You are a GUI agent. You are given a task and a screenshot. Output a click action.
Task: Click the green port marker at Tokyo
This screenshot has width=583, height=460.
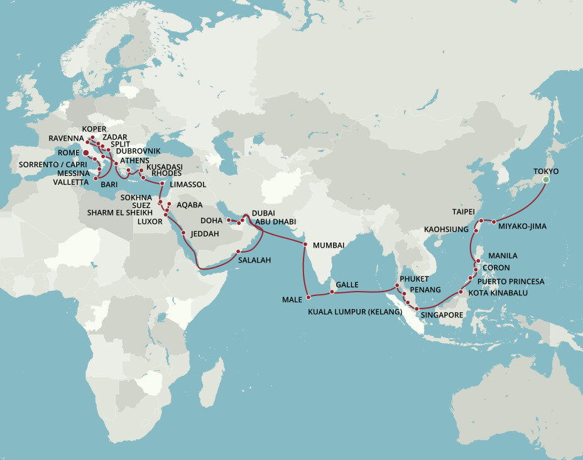click(546, 180)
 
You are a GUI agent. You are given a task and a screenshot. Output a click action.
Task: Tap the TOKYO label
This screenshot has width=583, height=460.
click(545, 171)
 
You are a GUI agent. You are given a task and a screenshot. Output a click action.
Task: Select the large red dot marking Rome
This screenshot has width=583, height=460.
click(85, 152)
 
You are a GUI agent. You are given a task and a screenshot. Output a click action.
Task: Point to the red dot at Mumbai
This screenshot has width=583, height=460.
click(305, 244)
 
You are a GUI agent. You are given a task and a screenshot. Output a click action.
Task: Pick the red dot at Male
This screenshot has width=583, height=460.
click(308, 296)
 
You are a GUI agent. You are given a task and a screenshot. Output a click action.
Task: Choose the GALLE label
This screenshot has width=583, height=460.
click(347, 285)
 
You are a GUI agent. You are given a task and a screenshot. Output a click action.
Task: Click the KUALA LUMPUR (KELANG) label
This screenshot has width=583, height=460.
click(354, 311)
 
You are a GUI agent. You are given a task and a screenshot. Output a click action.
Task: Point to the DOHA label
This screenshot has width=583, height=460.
click(211, 221)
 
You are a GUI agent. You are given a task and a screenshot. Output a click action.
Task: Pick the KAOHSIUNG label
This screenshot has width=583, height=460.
click(446, 229)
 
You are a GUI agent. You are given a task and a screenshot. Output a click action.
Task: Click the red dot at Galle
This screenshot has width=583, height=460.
click(332, 292)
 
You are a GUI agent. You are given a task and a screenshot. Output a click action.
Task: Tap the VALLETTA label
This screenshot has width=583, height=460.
click(71, 182)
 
